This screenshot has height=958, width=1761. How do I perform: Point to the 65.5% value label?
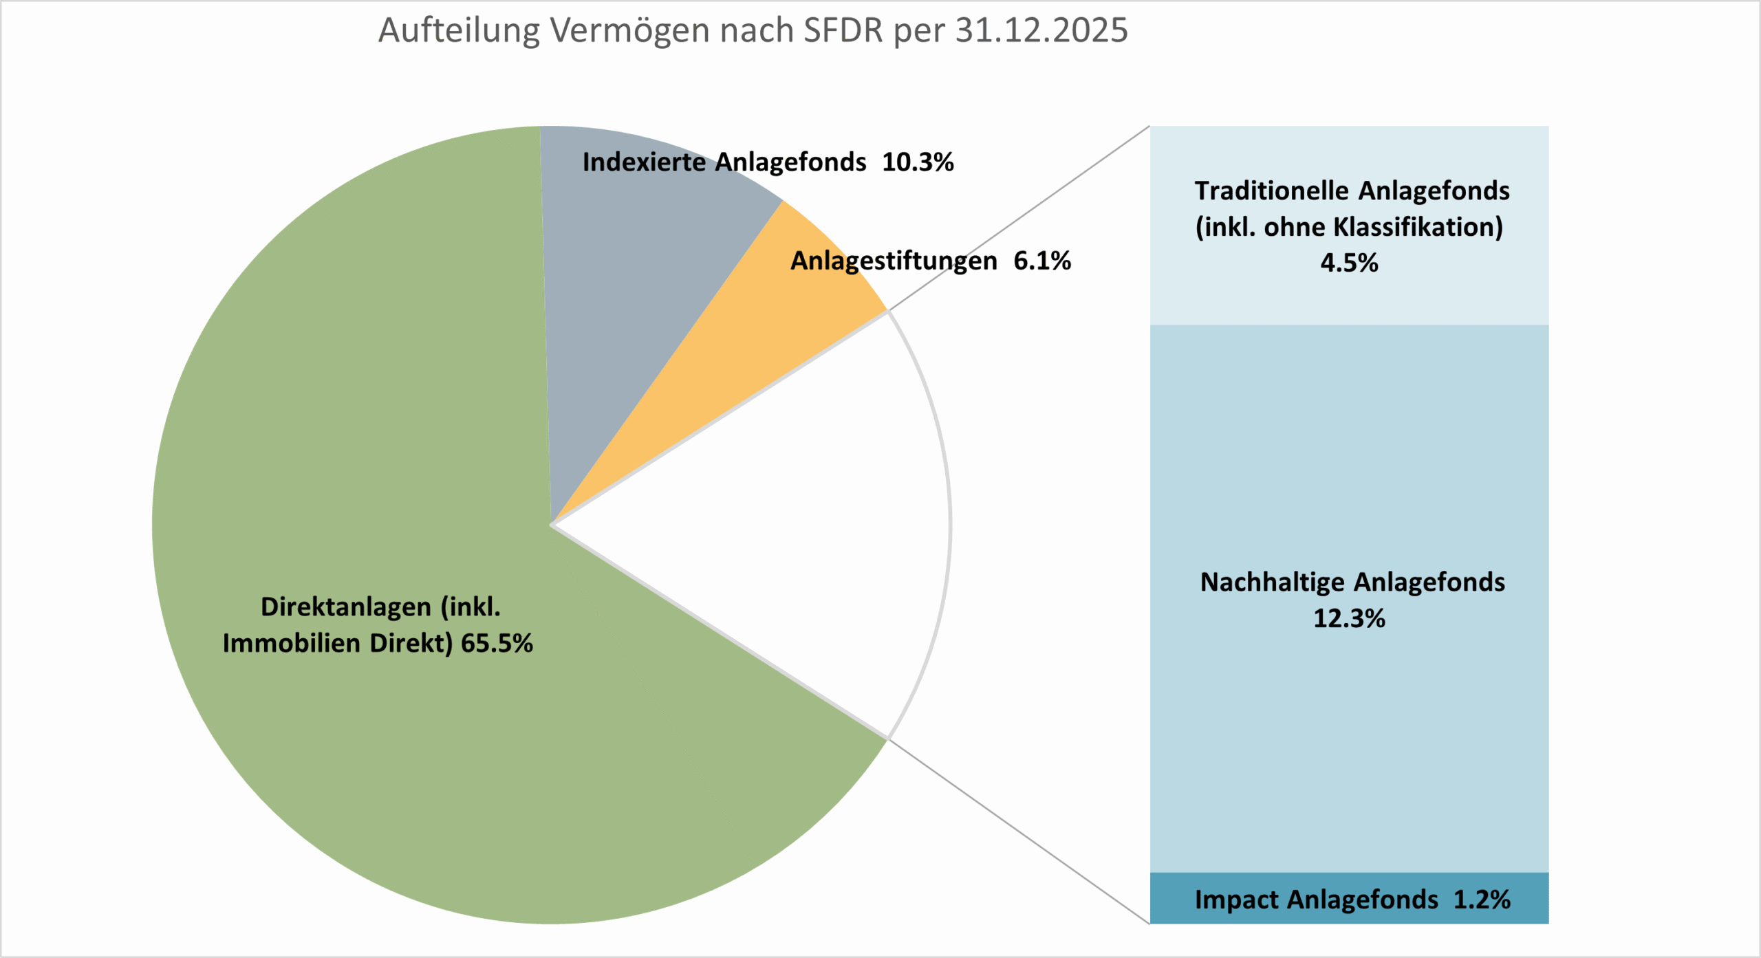[x=497, y=644]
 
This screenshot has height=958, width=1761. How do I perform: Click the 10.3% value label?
[x=918, y=162]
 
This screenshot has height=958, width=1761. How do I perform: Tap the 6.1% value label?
[x=1042, y=261]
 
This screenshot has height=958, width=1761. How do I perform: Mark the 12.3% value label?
[x=1349, y=618]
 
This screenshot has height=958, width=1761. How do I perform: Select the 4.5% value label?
[x=1349, y=263]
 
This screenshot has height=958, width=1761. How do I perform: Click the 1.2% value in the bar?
[x=1482, y=900]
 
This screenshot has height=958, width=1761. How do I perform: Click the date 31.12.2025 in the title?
[x=1041, y=31]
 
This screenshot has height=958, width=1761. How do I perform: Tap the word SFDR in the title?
[x=843, y=31]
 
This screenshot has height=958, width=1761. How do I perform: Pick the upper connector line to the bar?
[x=1018, y=219]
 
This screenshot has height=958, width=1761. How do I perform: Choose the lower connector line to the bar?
[x=1018, y=831]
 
